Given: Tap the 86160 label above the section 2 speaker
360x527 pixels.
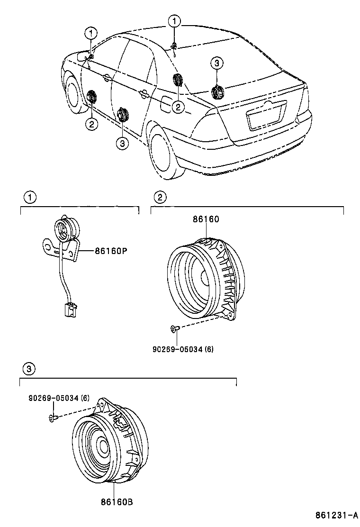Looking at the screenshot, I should [206, 219].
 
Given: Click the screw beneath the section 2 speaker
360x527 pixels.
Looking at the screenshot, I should [174, 328].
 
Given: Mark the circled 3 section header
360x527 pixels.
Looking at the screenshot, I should [29, 368].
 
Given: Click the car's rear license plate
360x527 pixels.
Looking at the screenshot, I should [267, 116].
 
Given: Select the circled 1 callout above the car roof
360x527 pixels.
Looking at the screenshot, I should [175, 21].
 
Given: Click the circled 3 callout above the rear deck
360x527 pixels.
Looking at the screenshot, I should [216, 63].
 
